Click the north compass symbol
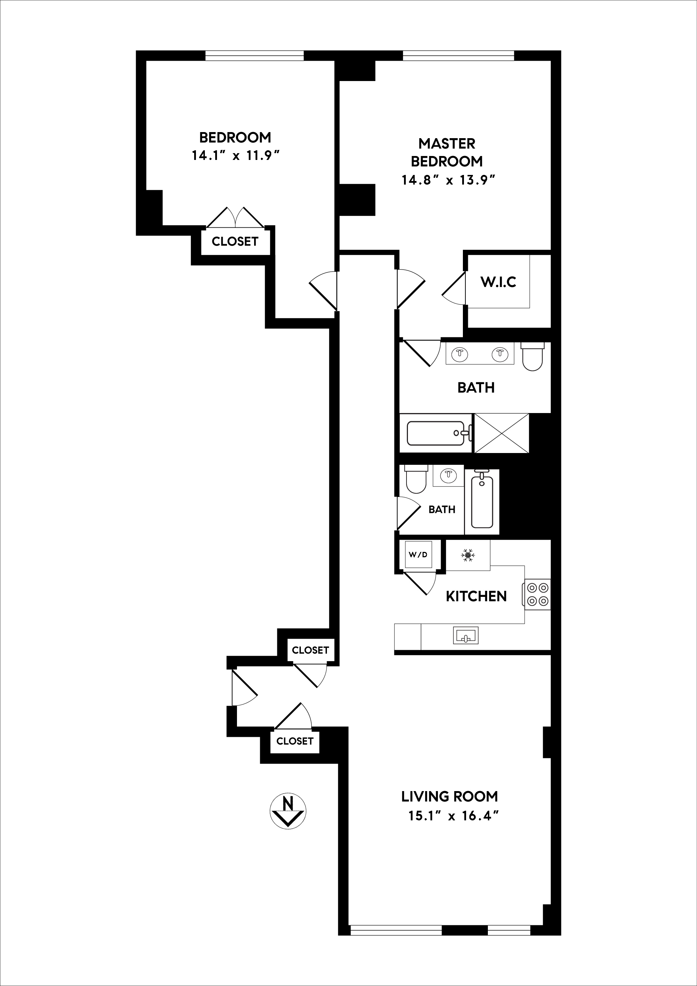(287, 811)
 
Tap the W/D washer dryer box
(418, 554)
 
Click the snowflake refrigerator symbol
(468, 555)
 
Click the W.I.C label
(498, 282)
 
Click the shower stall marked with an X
(501, 433)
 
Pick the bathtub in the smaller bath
(482, 501)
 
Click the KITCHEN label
(476, 596)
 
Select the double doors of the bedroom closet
(235, 218)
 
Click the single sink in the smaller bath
(449, 474)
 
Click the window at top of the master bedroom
(458, 56)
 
